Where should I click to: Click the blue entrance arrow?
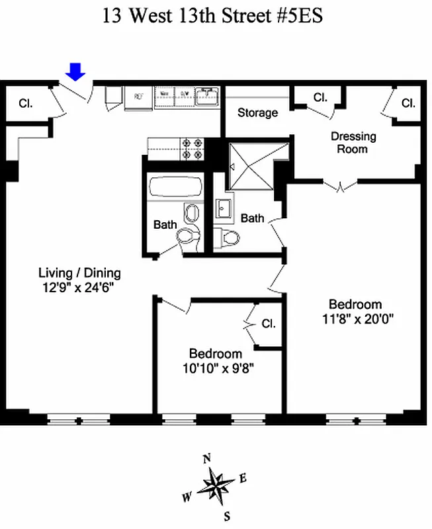[77, 71]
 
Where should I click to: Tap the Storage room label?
[257, 112]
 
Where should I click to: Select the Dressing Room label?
[353, 142]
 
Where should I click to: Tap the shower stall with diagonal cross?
[250, 165]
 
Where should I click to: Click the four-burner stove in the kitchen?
[192, 148]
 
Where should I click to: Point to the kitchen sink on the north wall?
[206, 97]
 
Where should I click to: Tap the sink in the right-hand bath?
[223, 208]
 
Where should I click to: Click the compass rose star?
[216, 486]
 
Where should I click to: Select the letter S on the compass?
[227, 516]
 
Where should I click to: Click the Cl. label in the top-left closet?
[26, 103]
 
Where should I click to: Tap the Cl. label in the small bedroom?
[268, 324]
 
